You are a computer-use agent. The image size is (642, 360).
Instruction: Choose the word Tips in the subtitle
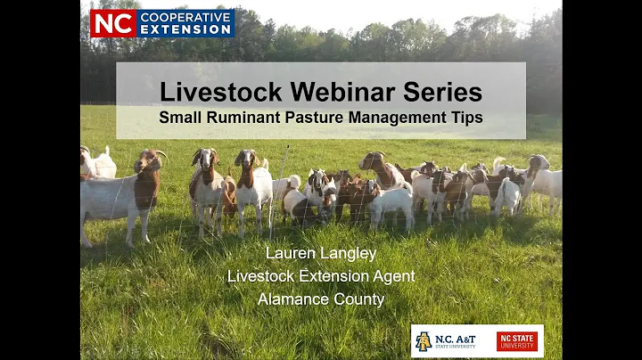click(464, 117)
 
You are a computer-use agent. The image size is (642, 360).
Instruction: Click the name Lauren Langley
click(321, 253)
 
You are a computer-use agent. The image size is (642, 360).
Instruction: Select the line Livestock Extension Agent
click(321, 276)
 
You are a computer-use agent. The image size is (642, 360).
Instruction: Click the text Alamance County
click(321, 299)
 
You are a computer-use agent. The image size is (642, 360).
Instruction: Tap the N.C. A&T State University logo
click(451, 341)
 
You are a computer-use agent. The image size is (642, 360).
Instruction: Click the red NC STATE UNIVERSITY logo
click(517, 341)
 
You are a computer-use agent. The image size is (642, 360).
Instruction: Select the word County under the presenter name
click(358, 299)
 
